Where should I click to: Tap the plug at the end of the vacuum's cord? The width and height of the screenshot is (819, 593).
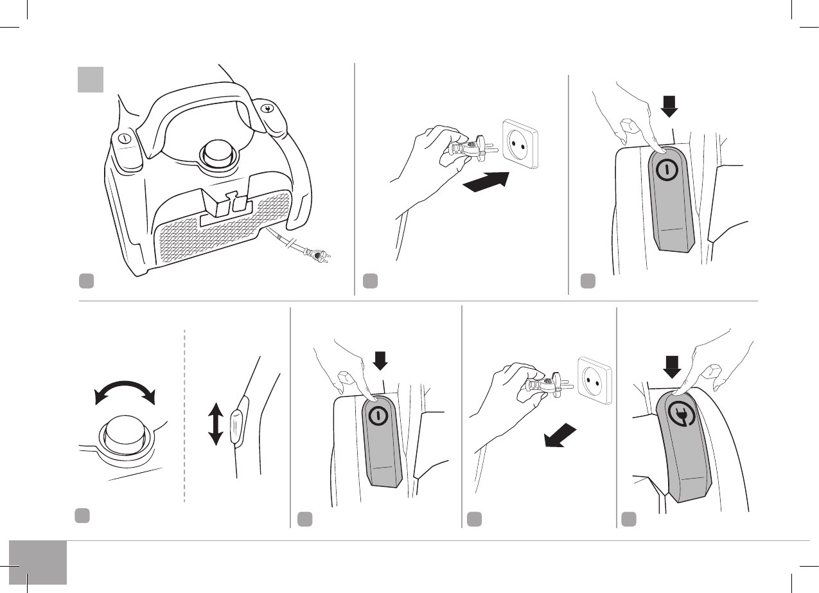(x=317, y=254)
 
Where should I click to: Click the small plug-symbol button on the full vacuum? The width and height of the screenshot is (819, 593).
(x=269, y=107)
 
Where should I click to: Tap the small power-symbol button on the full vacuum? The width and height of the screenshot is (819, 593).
(x=126, y=137)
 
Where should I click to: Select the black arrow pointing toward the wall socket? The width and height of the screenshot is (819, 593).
(x=486, y=182)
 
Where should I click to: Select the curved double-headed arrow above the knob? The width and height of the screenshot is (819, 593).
(x=125, y=389)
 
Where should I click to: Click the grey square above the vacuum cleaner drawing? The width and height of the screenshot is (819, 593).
(x=91, y=78)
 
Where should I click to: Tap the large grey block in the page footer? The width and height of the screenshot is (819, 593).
(x=38, y=563)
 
